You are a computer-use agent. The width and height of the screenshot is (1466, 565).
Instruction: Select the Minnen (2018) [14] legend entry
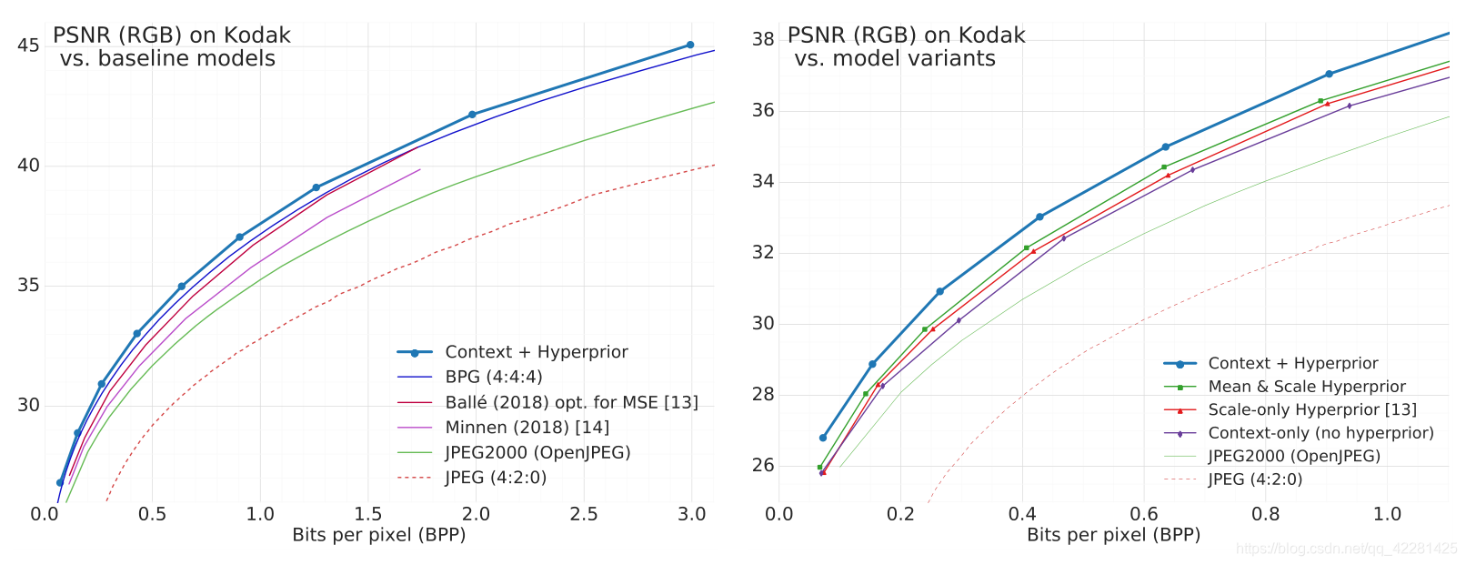[527, 428]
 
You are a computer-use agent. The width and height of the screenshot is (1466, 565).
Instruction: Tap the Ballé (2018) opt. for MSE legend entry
[571, 402]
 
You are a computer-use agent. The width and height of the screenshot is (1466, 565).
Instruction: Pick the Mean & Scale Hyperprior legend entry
[1306, 387]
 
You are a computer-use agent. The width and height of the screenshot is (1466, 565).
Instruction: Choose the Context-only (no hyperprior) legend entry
[1320, 433]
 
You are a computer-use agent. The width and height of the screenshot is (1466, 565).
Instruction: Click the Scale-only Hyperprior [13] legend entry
[1311, 410]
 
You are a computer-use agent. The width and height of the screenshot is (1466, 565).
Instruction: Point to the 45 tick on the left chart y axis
[28, 45]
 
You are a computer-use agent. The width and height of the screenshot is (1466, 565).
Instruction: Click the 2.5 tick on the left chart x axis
[584, 514]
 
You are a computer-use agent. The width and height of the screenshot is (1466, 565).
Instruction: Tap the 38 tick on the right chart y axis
[762, 39]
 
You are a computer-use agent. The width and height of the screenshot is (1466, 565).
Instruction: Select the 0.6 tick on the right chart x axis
[1144, 514]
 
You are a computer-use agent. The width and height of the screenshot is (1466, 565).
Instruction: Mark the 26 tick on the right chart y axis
[762, 465]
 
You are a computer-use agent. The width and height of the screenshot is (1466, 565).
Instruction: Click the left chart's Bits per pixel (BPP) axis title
[378, 535]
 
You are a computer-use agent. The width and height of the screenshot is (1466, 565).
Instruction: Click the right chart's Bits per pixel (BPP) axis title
[1113, 535]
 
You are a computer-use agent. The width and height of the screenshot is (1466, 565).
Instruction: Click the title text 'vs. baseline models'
[167, 59]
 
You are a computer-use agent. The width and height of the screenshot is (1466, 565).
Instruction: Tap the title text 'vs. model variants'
[895, 59]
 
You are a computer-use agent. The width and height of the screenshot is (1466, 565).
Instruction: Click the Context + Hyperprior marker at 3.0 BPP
[690, 45]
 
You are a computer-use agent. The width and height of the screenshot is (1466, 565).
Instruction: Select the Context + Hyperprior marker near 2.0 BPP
[472, 115]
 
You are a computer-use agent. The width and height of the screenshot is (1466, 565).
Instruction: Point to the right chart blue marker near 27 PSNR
[823, 438]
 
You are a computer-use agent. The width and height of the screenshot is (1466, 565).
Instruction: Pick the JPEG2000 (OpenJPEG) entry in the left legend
[537, 452]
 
